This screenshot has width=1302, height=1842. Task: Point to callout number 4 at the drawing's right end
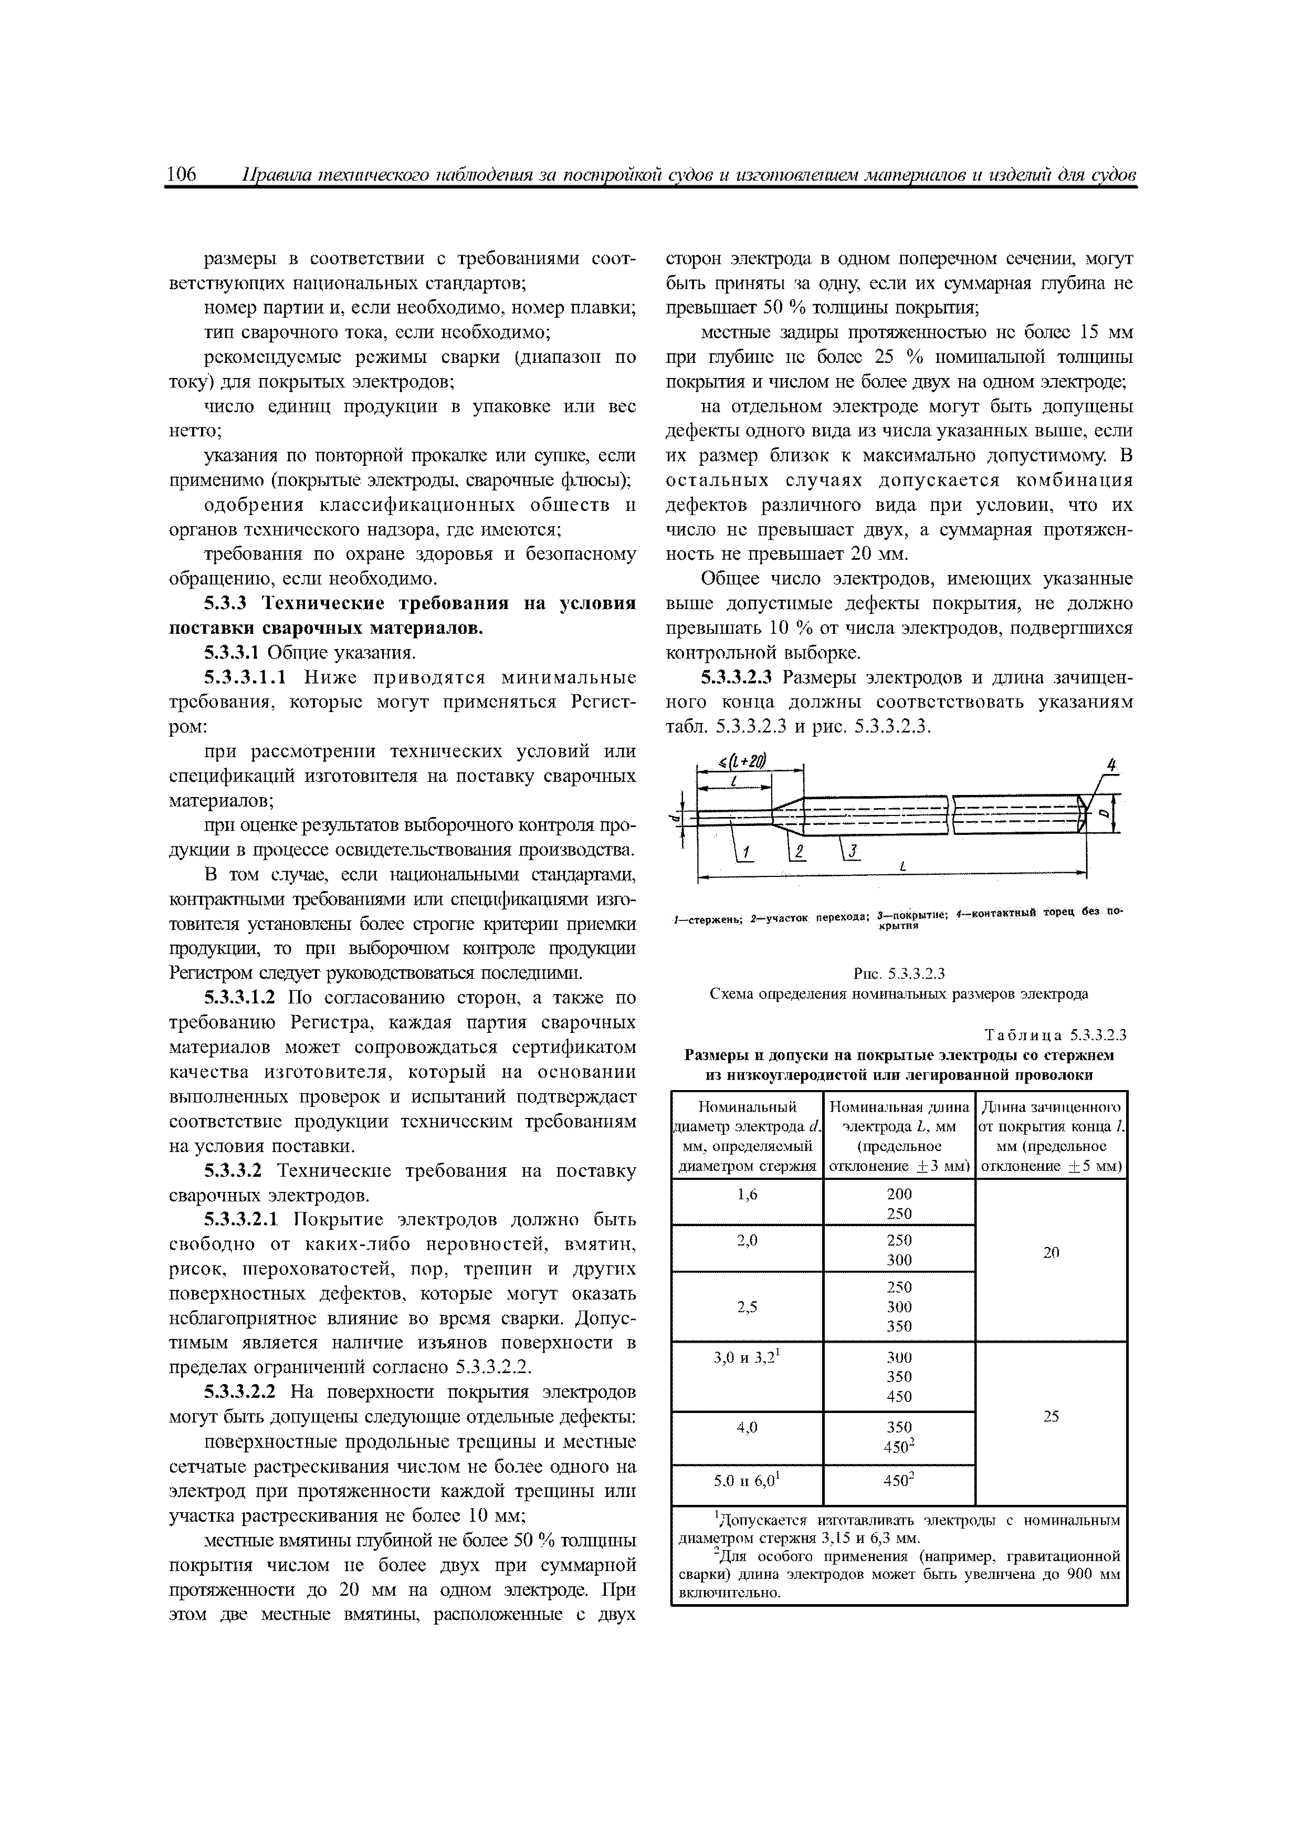1111,766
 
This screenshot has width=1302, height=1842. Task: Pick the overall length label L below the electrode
904,867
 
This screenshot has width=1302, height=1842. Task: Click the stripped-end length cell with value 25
1051,1417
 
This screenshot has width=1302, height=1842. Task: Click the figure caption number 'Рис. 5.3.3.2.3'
898,974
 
